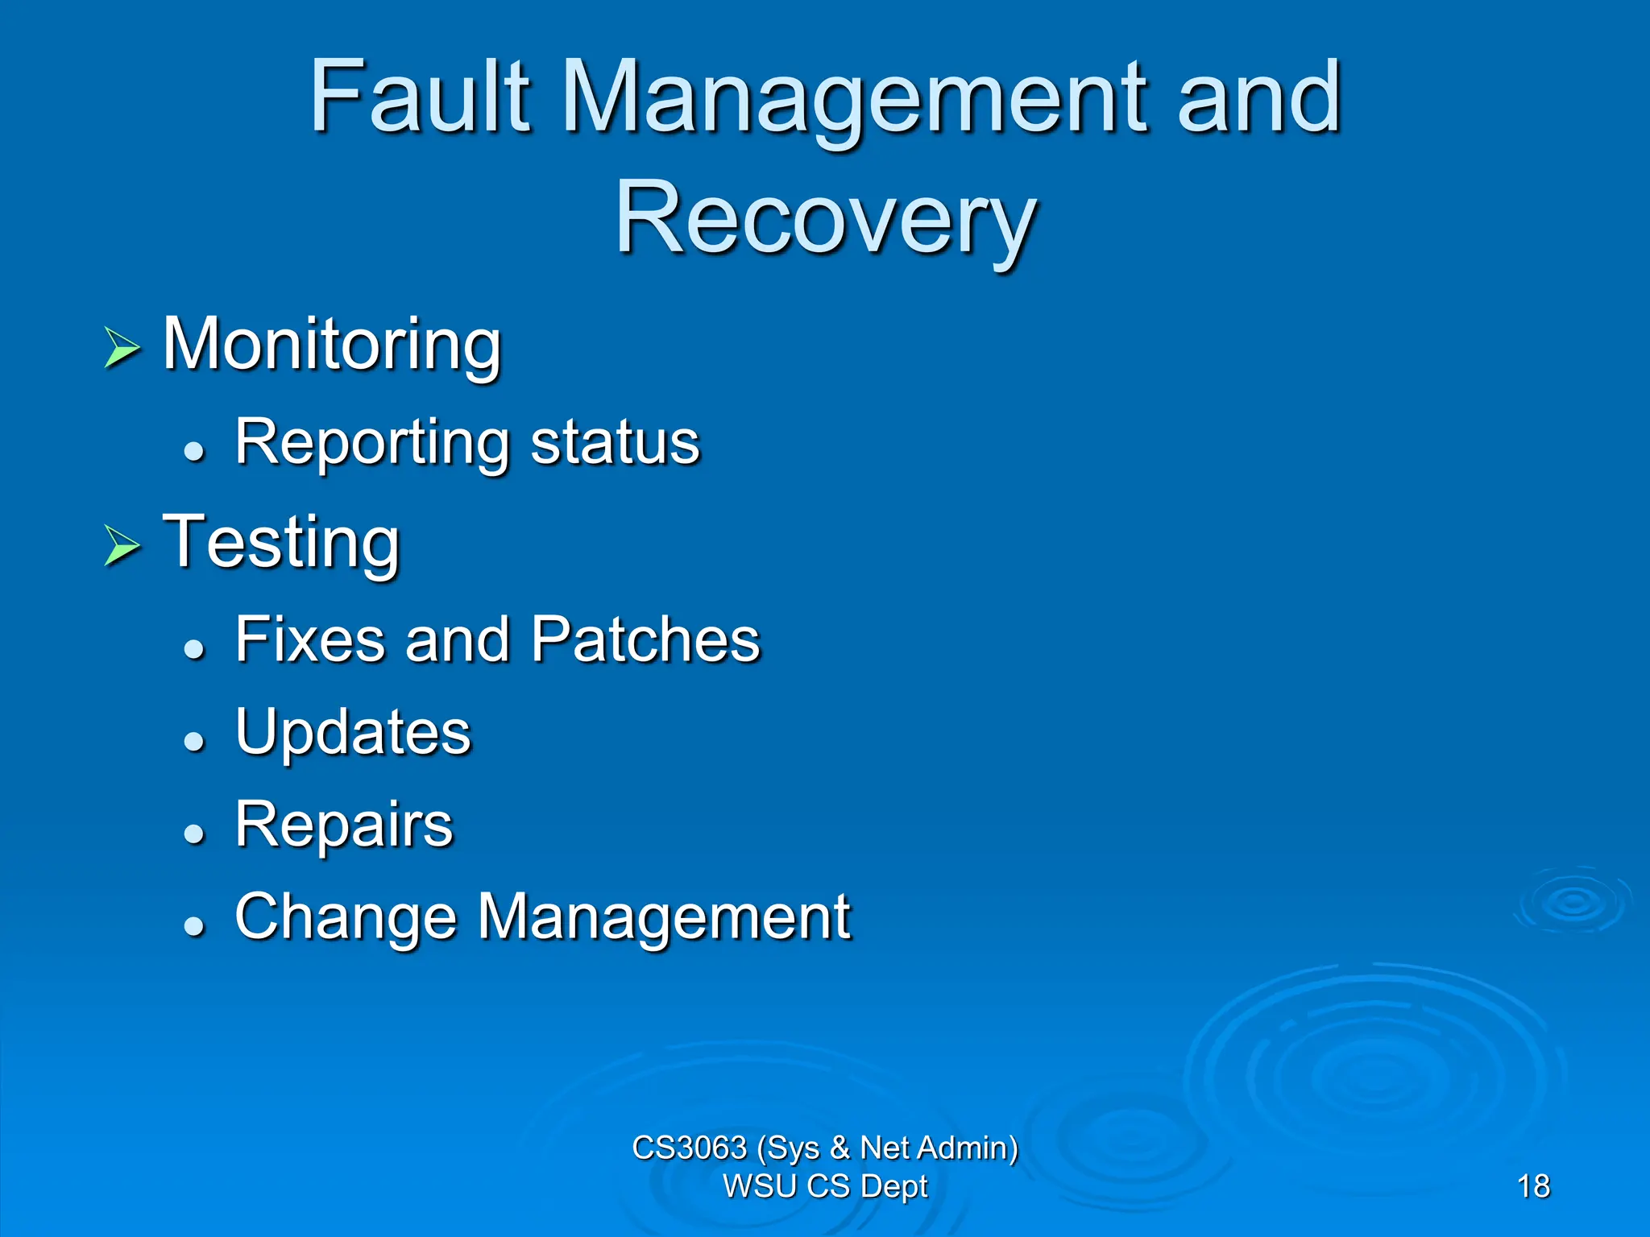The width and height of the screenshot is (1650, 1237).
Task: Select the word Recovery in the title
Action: tap(825, 219)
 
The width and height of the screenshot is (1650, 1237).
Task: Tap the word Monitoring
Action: tap(332, 345)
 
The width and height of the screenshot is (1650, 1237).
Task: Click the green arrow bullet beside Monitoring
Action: tap(122, 348)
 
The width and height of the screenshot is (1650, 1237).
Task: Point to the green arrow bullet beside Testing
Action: tap(122, 546)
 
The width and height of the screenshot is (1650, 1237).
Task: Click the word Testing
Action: tap(281, 543)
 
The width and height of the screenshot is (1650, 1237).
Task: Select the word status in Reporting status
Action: tap(616, 443)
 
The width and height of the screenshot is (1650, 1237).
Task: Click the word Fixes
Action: tap(310, 639)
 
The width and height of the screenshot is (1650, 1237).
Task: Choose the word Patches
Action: tap(645, 639)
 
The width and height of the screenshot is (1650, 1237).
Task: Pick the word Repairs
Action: tap(344, 825)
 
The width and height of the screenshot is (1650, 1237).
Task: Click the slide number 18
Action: tap(1532, 1186)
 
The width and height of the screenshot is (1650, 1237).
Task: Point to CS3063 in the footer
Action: tap(689, 1148)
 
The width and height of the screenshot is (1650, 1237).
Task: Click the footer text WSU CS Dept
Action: tap(825, 1186)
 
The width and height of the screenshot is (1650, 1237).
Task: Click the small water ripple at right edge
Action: tap(1573, 902)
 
